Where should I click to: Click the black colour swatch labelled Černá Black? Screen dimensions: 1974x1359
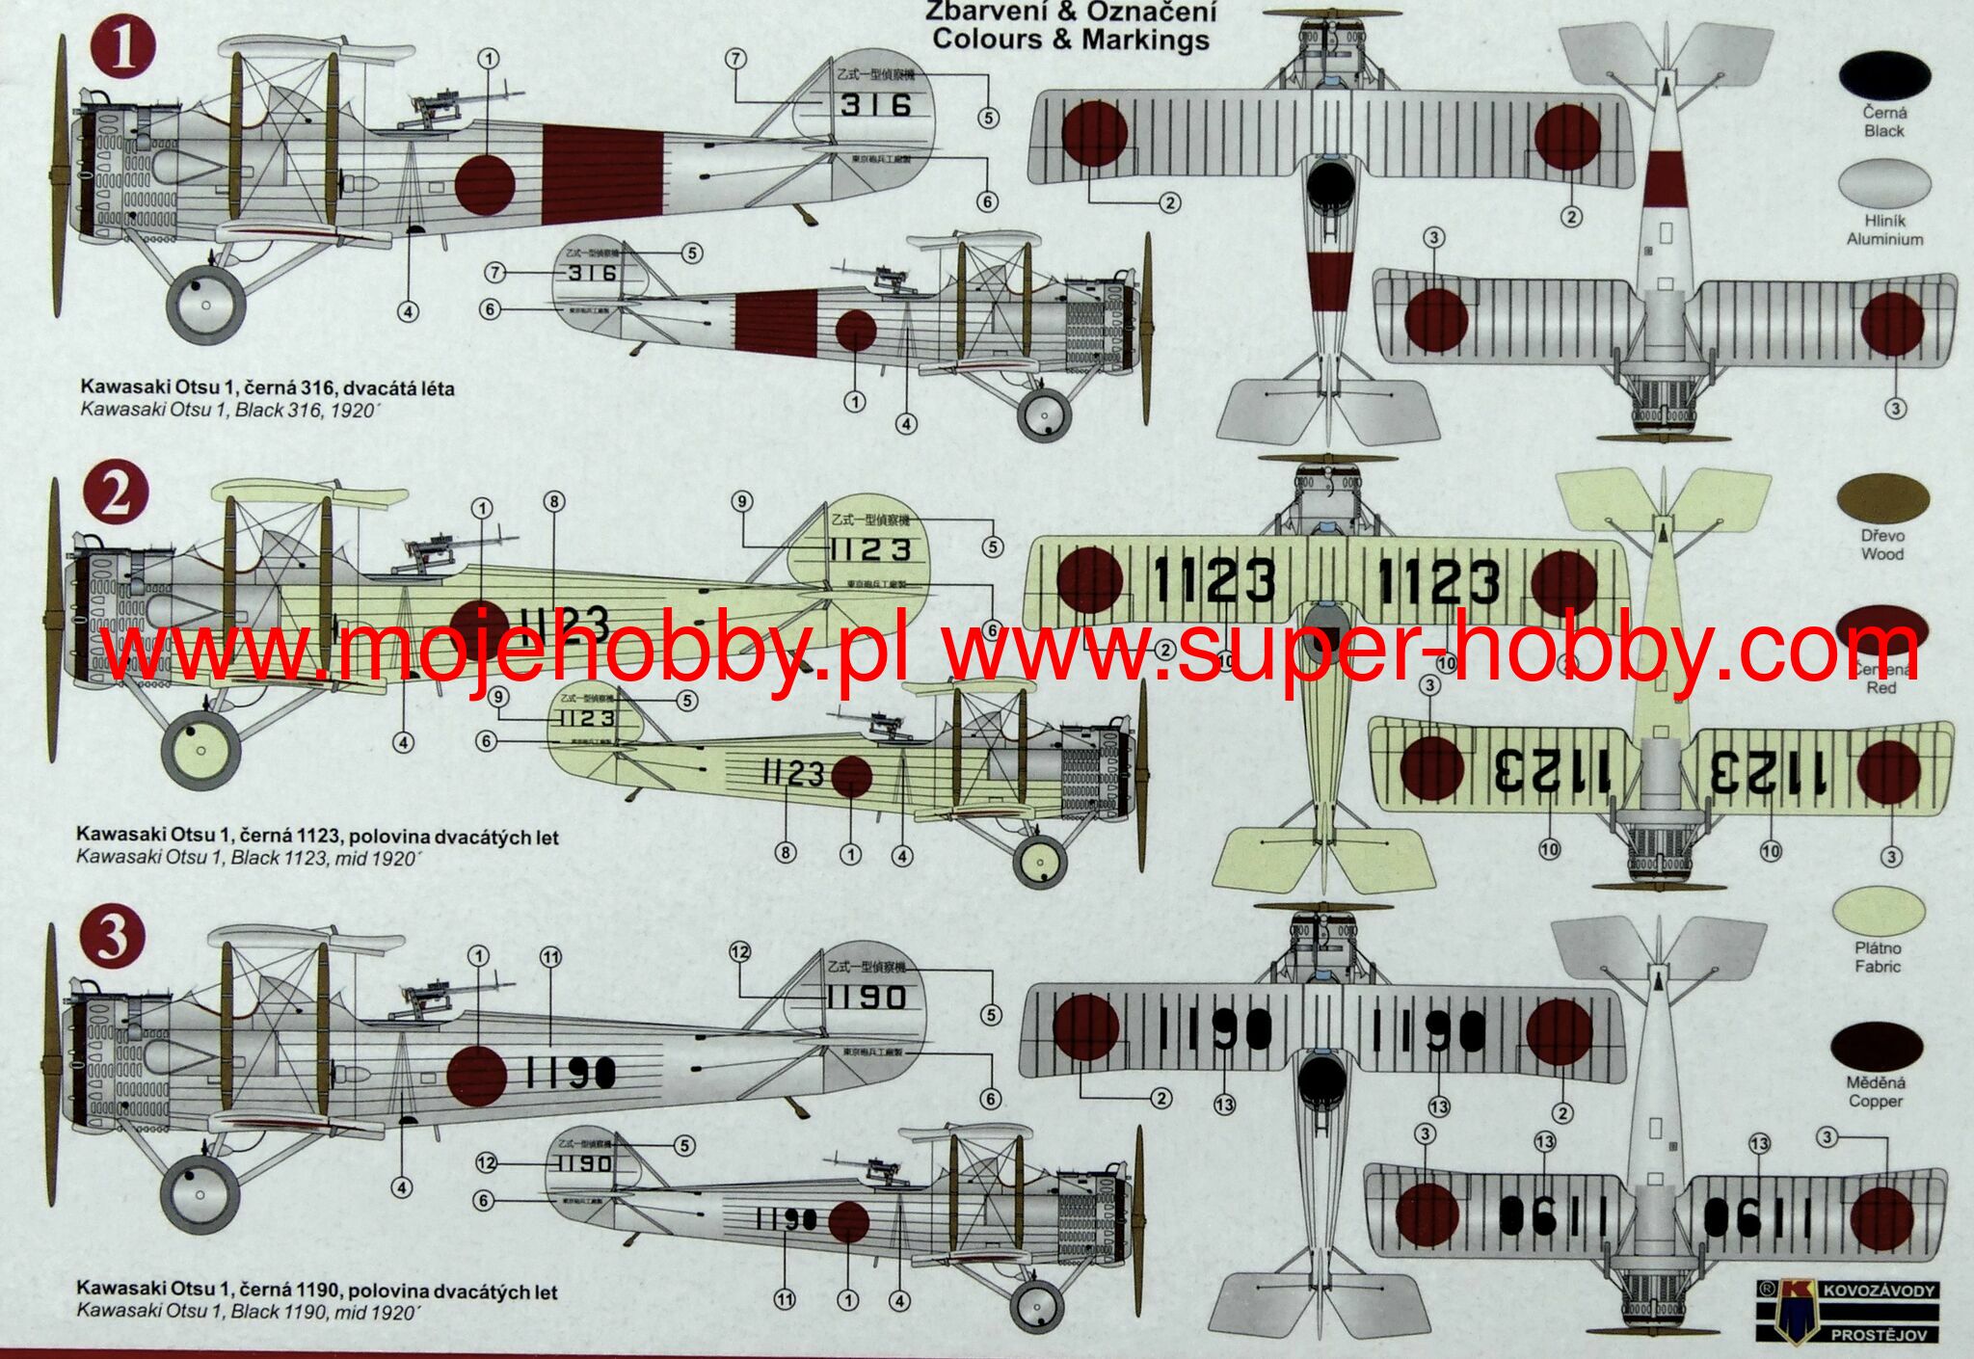tap(1884, 75)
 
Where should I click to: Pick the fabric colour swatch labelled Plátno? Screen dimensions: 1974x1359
tap(1877, 911)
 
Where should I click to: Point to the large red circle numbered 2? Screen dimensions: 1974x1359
tap(117, 493)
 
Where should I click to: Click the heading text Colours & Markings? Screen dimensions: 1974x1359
tap(1071, 40)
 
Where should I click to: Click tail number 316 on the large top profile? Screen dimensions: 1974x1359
tap(875, 104)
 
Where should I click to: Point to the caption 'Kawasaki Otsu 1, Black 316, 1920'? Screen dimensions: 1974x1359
tap(226, 411)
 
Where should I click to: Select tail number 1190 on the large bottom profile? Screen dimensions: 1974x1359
tap(867, 997)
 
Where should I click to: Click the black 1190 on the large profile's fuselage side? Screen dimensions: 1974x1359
tap(571, 1073)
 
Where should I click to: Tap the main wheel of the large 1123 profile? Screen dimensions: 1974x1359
tap(200, 750)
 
